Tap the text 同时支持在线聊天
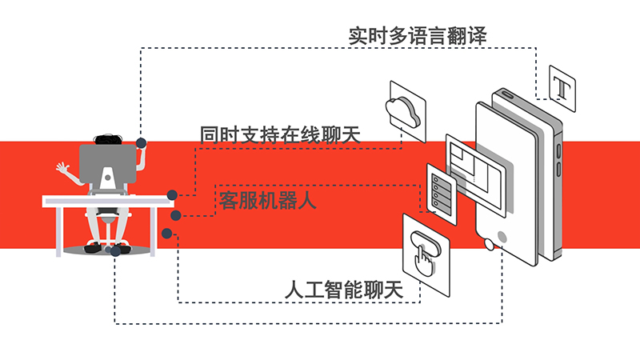click(279, 134)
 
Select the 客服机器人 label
click(267, 199)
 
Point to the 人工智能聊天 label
click(352, 289)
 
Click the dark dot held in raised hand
click(142, 144)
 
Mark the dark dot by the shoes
click(116, 250)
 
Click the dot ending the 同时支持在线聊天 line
click(172, 195)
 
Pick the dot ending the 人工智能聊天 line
click(166, 234)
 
